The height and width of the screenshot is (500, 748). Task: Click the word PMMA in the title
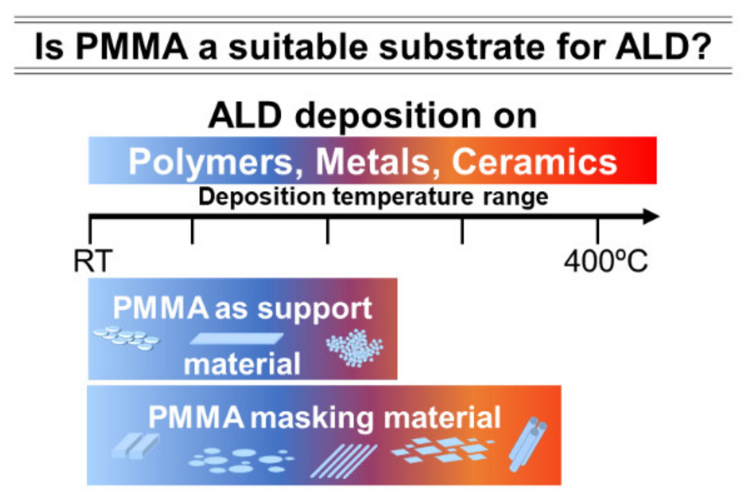coord(132,47)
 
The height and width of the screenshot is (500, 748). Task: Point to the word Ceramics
coord(534,162)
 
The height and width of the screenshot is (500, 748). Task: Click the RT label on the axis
coord(93,262)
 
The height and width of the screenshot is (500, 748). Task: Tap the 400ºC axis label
coord(605,262)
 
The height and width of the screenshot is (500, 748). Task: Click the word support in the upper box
coord(315,309)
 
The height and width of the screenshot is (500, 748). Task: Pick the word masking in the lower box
coord(312,418)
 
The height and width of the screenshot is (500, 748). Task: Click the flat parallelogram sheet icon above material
coord(236,339)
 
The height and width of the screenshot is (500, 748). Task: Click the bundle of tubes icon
coord(528,443)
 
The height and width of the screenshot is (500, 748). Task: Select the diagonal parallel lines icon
coord(343,461)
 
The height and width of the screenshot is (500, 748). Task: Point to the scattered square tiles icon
coord(443,449)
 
